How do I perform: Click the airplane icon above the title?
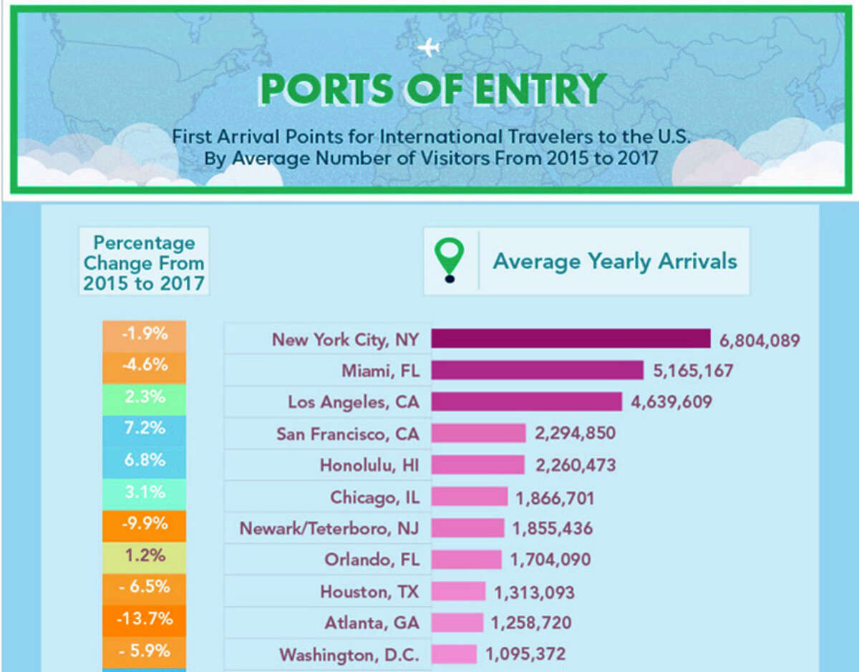point(429,49)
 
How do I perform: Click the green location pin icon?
point(450,259)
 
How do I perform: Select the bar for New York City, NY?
point(571,339)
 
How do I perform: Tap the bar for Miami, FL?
point(537,370)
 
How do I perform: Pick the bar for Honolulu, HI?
point(477,465)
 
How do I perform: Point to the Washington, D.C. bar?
point(454,654)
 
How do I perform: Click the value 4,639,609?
point(671,401)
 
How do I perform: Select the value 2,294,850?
point(575,433)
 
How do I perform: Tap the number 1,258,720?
point(531,623)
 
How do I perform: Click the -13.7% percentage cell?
point(145,618)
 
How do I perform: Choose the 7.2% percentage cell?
point(145,428)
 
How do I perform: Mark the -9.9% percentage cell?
point(145,523)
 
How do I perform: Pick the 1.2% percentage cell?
point(145,555)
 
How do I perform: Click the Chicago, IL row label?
point(374,497)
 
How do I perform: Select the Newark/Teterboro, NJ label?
point(329,528)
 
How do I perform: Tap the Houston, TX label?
point(369,591)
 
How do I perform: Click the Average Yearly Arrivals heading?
point(614,261)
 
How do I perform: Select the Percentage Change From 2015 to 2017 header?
point(144,263)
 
